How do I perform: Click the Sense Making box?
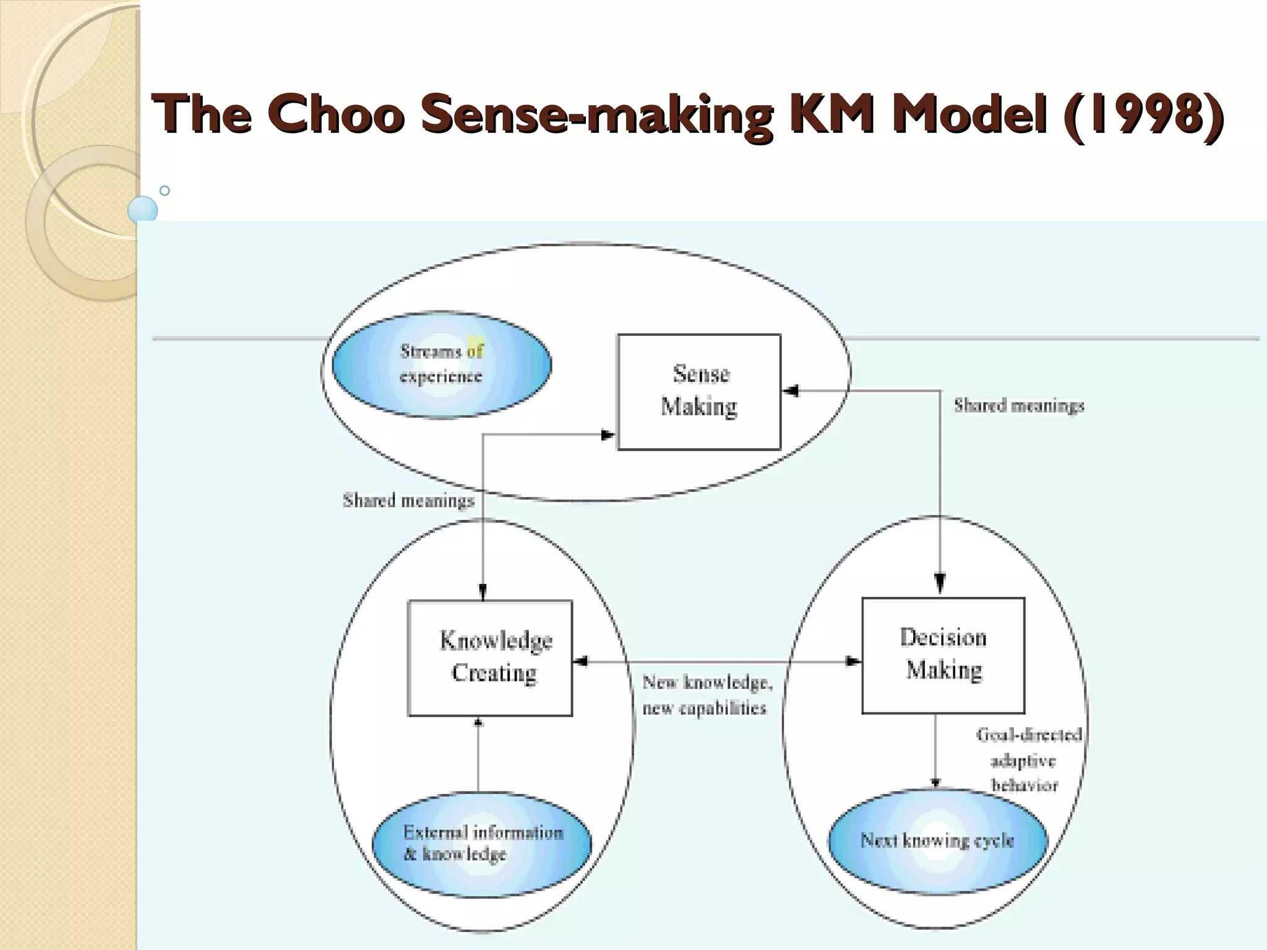pyautogui.click(x=699, y=392)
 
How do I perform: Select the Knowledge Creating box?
pyautogui.click(x=490, y=657)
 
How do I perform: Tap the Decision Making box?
pyautogui.click(x=943, y=655)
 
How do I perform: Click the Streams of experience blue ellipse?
pyautogui.click(x=441, y=364)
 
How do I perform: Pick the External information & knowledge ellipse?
pyautogui.click(x=481, y=844)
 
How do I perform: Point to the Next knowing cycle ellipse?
pyautogui.click(x=937, y=841)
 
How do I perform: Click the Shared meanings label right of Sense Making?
pyautogui.click(x=1018, y=406)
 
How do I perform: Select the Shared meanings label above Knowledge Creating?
pyautogui.click(x=408, y=500)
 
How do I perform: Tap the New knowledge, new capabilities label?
pyautogui.click(x=706, y=695)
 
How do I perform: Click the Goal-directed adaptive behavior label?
pyautogui.click(x=1027, y=760)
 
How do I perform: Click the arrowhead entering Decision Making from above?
pyautogui.click(x=940, y=584)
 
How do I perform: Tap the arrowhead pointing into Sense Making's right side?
pyautogui.click(x=790, y=391)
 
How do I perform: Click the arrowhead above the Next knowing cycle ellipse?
pyautogui.click(x=935, y=782)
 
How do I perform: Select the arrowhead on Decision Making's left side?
pyautogui.click(x=854, y=661)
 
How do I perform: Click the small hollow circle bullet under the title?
pyautogui.click(x=165, y=190)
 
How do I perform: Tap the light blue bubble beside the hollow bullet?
pyautogui.click(x=143, y=210)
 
